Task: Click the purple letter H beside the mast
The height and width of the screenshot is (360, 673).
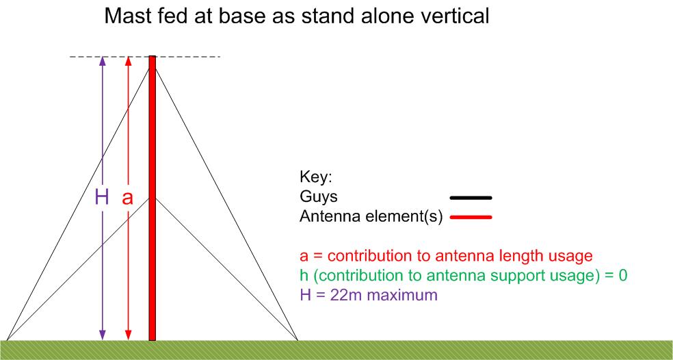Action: pyautogui.click(x=102, y=198)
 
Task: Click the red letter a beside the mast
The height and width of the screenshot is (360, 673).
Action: pyautogui.click(x=127, y=198)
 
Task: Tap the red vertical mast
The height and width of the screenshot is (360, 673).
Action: pyautogui.click(x=153, y=198)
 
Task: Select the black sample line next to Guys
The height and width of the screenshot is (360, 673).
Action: pyautogui.click(x=471, y=198)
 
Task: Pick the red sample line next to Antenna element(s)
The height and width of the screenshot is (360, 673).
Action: pyautogui.click(x=471, y=218)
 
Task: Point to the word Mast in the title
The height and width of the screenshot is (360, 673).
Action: pyautogui.click(x=124, y=16)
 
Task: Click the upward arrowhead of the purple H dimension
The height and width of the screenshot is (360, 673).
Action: pyautogui.click(x=102, y=61)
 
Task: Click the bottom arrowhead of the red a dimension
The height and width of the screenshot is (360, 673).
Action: pyautogui.click(x=127, y=335)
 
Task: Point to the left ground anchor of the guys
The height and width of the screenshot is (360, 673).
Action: pyautogui.click(x=7, y=340)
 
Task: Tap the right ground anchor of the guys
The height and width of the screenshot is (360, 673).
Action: pyautogui.click(x=298, y=340)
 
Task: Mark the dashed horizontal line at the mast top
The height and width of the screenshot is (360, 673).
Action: pyautogui.click(x=145, y=57)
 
